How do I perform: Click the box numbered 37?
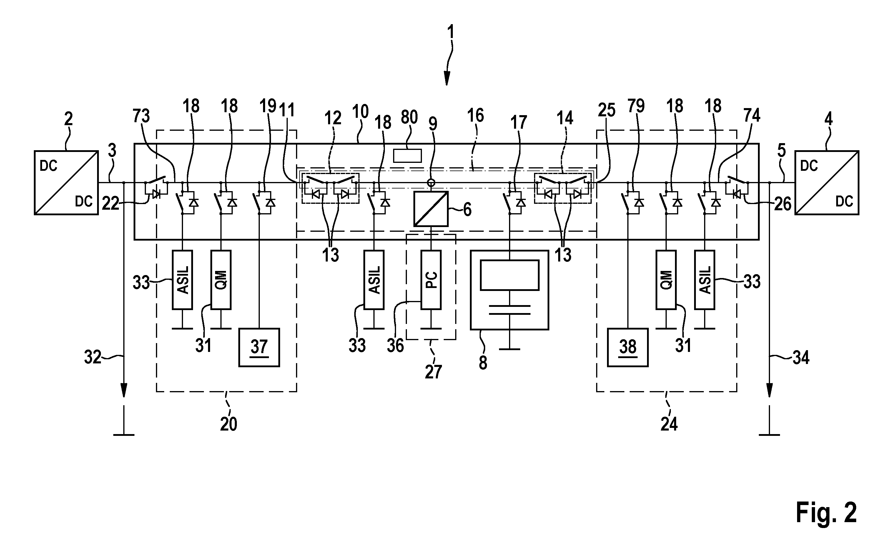[x=259, y=347]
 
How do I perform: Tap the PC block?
[x=431, y=280]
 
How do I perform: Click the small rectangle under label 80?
[x=408, y=155]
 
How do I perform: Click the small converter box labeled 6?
[x=431, y=209]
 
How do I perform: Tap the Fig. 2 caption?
[x=826, y=513]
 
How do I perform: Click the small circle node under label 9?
[x=431, y=182]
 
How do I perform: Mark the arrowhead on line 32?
[x=124, y=390]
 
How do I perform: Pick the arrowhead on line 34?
[x=769, y=390]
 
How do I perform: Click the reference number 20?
[x=229, y=424]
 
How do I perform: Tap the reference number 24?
[x=669, y=424]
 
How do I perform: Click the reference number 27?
[x=433, y=372]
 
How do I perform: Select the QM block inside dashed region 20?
[x=221, y=280]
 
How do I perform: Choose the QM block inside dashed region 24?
[x=666, y=280]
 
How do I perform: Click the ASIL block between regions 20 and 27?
[x=374, y=280]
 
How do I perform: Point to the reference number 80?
[x=409, y=117]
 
